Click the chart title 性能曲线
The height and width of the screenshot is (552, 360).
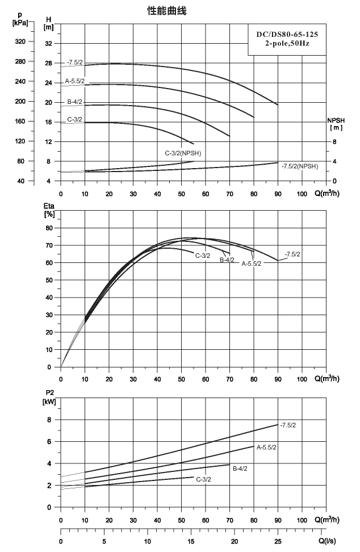click(166, 11)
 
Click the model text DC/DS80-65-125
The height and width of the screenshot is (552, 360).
click(287, 35)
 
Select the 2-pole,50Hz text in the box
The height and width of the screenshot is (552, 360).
click(287, 44)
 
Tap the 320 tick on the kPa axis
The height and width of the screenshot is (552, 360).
click(20, 41)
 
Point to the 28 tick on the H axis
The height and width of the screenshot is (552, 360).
click(48, 64)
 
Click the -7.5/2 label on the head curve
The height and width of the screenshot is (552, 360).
click(75, 62)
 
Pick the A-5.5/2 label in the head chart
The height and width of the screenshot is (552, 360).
click(74, 81)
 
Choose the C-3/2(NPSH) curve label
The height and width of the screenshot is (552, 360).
click(183, 153)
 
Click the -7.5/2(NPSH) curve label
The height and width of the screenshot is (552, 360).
click(299, 166)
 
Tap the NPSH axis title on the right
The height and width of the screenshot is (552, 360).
click(336, 124)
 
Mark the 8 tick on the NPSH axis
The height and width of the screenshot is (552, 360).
click(334, 142)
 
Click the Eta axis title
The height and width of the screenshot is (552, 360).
click(49, 210)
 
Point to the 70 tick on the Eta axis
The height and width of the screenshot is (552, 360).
click(49, 245)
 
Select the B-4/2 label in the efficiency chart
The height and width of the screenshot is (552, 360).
click(227, 260)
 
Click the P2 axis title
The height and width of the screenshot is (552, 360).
click(49, 397)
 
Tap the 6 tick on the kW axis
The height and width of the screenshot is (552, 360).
click(49, 442)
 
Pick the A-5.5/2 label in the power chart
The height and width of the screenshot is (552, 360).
click(266, 448)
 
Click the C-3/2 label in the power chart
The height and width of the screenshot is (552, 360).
click(203, 479)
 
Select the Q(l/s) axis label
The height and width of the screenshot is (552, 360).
click(327, 541)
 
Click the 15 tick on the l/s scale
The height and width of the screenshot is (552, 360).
click(191, 541)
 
